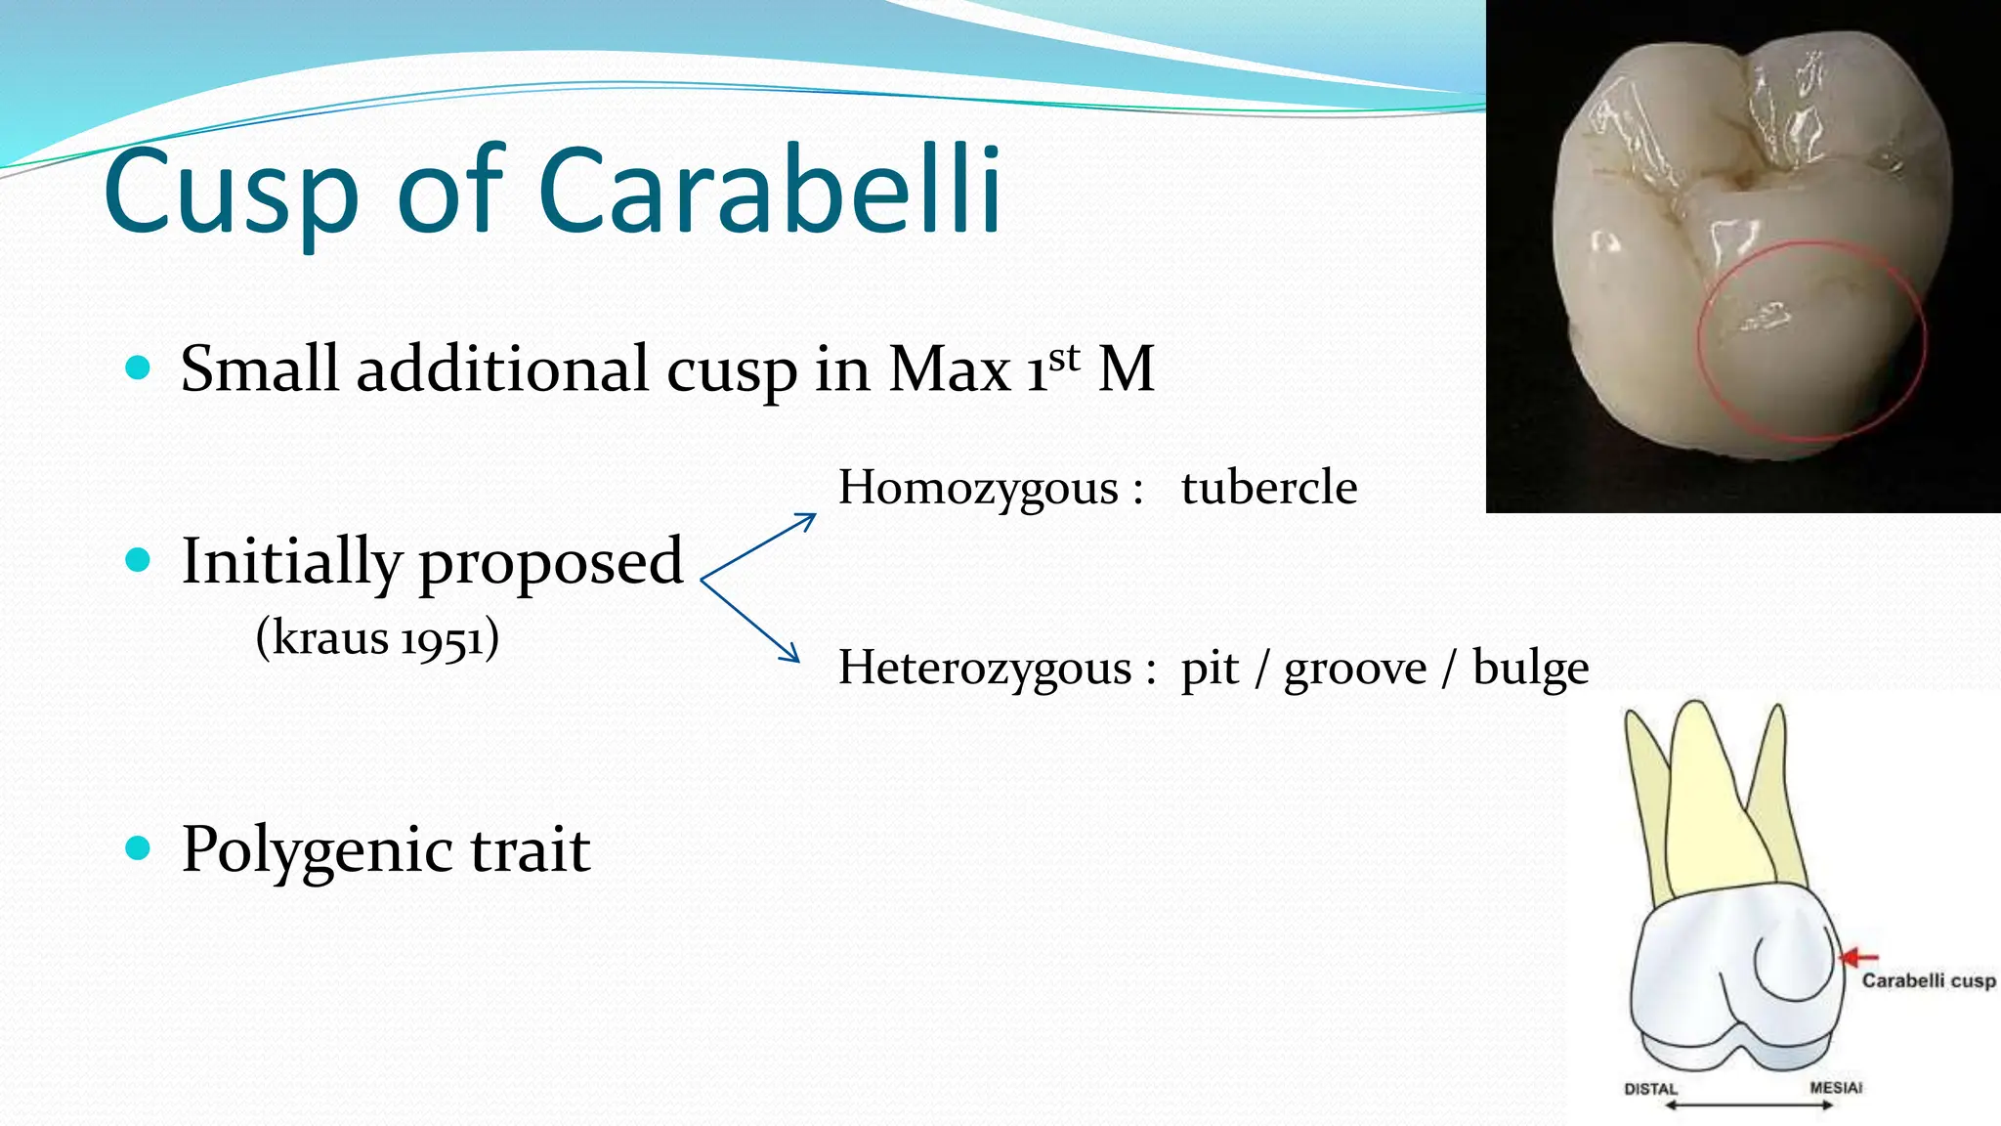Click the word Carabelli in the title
[x=769, y=192]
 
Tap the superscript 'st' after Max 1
[x=1065, y=358]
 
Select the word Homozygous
[x=978, y=489]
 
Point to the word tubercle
[x=1268, y=487]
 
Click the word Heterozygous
[x=985, y=669]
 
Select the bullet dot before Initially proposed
[x=139, y=560]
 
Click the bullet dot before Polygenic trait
[x=139, y=847]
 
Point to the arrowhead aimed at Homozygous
[x=807, y=520]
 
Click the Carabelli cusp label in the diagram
[x=1928, y=980]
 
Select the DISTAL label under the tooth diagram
[x=1650, y=1089]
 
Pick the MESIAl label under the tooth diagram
[x=1835, y=1087]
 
